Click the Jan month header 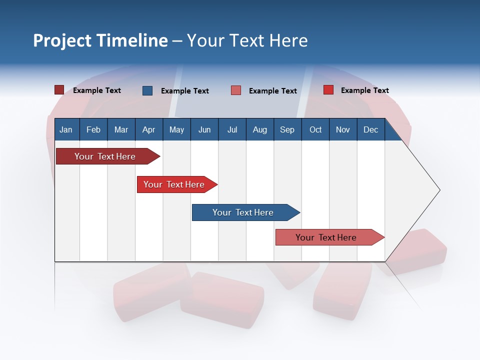tap(66, 129)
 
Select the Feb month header tap(93, 129)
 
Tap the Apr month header tap(148, 129)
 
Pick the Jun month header tap(204, 129)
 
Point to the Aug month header tap(260, 129)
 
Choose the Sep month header tap(287, 129)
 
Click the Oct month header tap(315, 129)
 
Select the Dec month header tap(370, 129)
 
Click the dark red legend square tap(59, 90)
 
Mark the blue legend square tap(147, 90)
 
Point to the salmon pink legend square tap(236, 90)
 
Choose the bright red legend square tap(328, 90)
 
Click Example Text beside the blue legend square tap(184, 91)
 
